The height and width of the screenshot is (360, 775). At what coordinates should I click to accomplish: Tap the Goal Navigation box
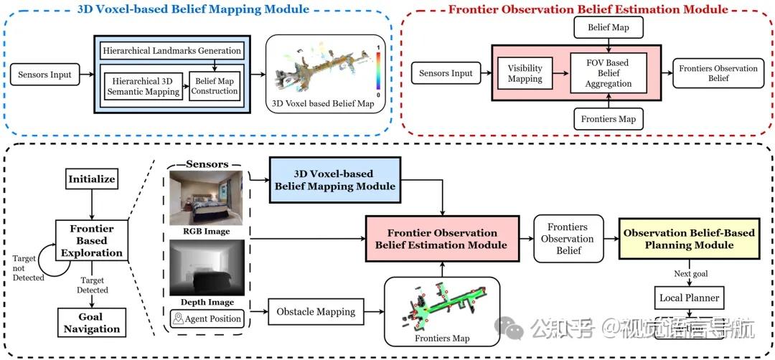pos(92,323)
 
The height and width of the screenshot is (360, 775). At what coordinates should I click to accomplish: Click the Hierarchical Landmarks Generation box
pos(171,51)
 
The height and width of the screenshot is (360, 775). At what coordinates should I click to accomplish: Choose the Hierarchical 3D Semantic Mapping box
pos(142,87)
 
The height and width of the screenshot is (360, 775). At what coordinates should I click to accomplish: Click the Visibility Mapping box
pos(525,73)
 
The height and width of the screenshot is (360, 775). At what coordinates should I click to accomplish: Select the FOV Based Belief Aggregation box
pos(608,73)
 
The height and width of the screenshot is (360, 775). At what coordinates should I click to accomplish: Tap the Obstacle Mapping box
pos(316,312)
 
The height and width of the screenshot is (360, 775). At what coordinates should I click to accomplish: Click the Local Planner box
pos(690,297)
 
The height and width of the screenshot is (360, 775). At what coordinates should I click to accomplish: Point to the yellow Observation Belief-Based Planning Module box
pos(689,239)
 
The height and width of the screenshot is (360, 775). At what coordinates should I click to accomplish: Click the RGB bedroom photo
pos(207,198)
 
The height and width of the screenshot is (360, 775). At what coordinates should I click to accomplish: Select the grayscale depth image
pos(207,268)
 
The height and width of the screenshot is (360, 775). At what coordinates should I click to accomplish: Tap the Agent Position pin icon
pos(177,318)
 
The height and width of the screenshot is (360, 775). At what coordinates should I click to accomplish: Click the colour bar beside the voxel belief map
pos(378,71)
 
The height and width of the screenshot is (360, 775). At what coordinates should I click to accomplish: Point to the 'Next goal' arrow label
pos(691,274)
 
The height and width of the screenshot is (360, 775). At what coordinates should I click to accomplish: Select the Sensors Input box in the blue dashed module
pos(45,75)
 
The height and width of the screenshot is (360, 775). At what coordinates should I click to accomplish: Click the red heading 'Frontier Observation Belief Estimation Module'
pos(587,9)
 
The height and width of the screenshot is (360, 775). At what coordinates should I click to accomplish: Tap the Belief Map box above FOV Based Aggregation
pos(608,28)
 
